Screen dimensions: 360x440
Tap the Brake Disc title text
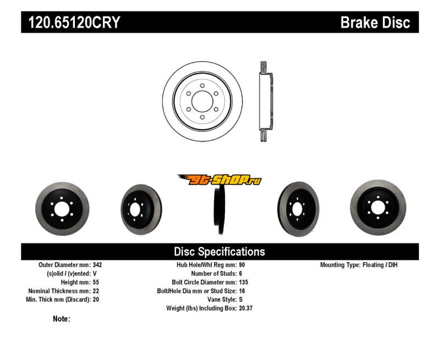coord(375,23)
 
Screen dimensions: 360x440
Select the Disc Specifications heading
coord(219,252)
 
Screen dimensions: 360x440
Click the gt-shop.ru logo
coord(219,180)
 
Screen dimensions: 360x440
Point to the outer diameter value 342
coord(98,265)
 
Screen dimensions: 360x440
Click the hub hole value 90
coord(242,265)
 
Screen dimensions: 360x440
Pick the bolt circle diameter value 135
coord(244,282)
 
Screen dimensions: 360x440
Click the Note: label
coord(62,319)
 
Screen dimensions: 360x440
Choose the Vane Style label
coord(218,300)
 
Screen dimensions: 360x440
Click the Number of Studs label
coord(213,273)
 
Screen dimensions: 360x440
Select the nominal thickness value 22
coord(96,291)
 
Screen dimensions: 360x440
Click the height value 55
coord(96,282)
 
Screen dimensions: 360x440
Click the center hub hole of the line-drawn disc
coord(202,102)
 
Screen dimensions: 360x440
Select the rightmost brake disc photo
coord(378,207)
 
